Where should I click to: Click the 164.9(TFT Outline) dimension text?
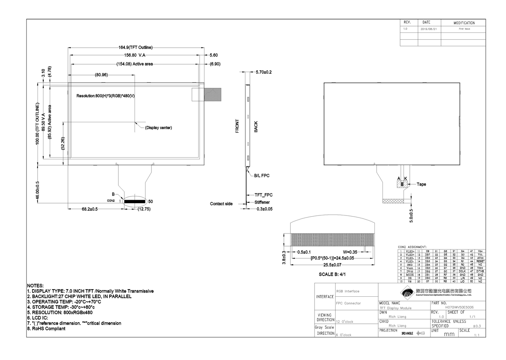tap(135, 47)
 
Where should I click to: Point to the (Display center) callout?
tap(158, 128)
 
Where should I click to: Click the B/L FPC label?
tap(262, 175)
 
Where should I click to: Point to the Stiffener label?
tap(262, 202)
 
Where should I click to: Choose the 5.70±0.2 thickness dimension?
tap(264, 72)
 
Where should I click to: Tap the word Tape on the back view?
tap(422, 184)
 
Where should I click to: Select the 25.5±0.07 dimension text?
tap(332, 265)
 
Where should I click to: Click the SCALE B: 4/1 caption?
tap(333, 274)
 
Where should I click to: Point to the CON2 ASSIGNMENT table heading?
tap(412, 247)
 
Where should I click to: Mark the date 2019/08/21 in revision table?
tap(429, 29)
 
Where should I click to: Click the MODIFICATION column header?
tap(464, 23)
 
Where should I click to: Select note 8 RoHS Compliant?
tap(46, 328)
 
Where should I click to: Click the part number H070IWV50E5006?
tap(459, 308)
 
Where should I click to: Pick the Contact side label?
tap(221, 204)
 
